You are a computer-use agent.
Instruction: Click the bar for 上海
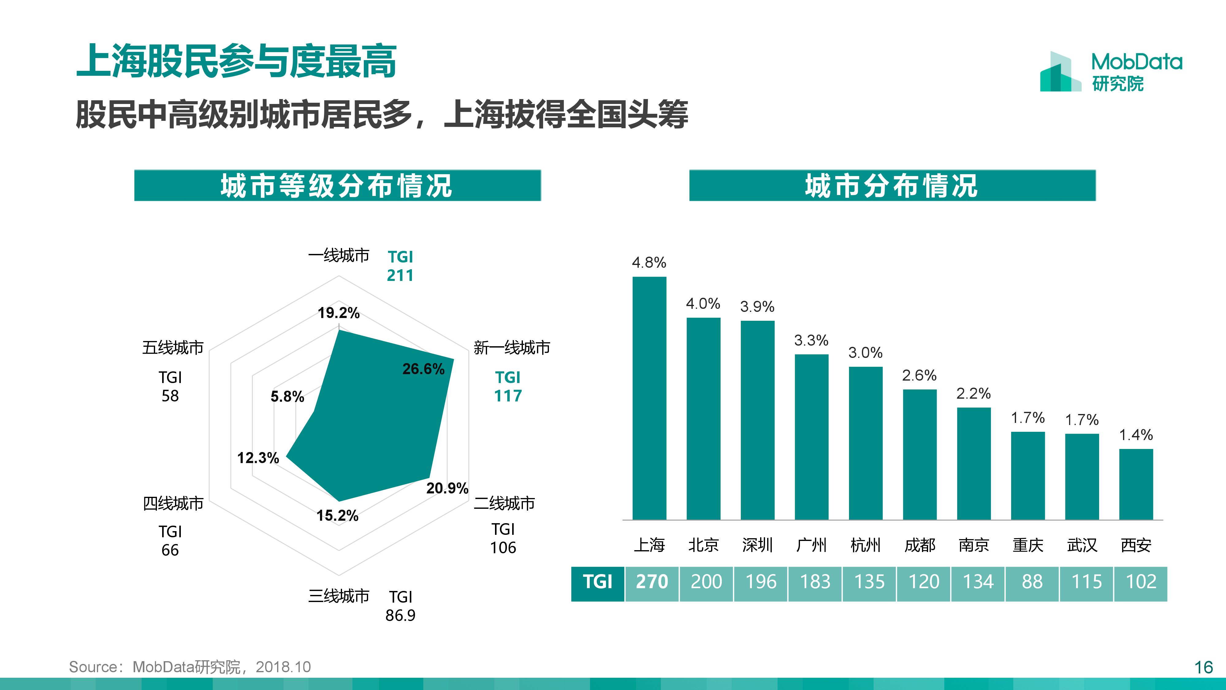pos(649,398)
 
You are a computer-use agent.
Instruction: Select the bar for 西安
pos(1136,484)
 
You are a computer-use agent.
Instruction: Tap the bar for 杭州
pos(866,443)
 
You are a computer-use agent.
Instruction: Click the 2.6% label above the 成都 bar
pos(919,376)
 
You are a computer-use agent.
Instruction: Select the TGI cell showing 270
pos(652,582)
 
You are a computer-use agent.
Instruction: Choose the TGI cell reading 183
pos(815,582)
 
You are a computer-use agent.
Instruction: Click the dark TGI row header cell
pos(598,582)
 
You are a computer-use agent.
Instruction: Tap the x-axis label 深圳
pos(757,545)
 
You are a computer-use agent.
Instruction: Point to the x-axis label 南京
pos(974,545)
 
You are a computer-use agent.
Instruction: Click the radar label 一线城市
pos(338,256)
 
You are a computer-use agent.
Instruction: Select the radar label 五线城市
pos(173,348)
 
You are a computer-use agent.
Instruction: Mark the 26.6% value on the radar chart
pos(423,369)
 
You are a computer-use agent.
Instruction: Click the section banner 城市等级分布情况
pos(337,185)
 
